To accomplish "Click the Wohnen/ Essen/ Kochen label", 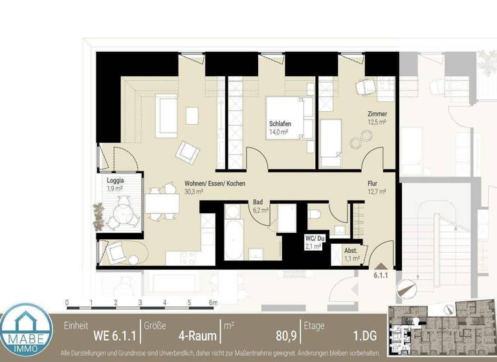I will (214, 184).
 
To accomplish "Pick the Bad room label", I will (258, 202).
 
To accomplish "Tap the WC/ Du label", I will (315, 239).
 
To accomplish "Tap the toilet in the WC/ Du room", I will (314, 213).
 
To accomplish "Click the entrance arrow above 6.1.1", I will (379, 265).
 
